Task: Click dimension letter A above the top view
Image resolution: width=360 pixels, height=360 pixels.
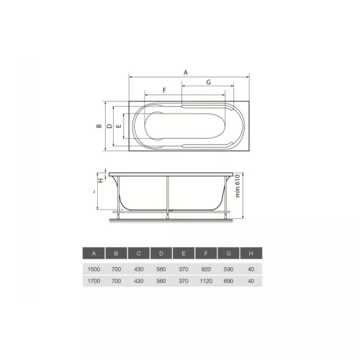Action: pyautogui.click(x=186, y=73)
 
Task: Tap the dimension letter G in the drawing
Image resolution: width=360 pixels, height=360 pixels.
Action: pyautogui.click(x=209, y=82)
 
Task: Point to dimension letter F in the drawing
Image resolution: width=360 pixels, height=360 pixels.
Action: pyautogui.click(x=164, y=90)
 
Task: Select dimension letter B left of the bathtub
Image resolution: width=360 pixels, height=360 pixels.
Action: pyautogui.click(x=99, y=126)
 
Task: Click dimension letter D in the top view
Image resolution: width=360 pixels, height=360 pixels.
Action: pyautogui.click(x=109, y=126)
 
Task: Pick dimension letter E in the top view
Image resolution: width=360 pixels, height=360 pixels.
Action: pyautogui.click(x=119, y=126)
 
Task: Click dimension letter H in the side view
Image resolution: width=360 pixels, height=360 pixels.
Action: pyautogui.click(x=101, y=180)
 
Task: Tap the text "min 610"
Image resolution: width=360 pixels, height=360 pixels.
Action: pyautogui.click(x=238, y=186)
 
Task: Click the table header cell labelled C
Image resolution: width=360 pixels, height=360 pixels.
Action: pyautogui.click(x=139, y=253)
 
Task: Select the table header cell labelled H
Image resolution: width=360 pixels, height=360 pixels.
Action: pyautogui.click(x=251, y=253)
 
